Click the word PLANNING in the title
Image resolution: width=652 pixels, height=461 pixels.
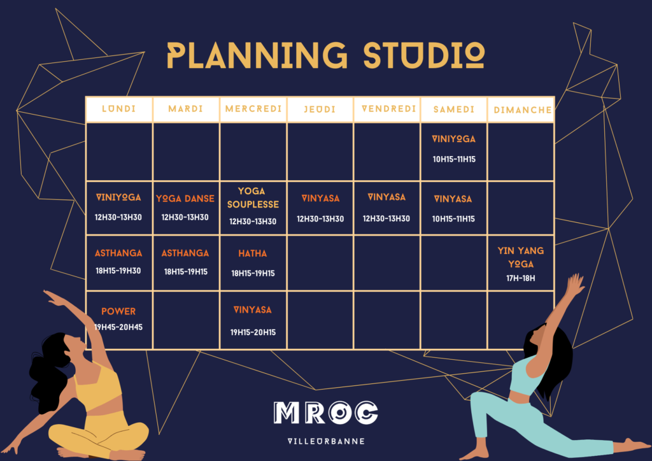click(257, 55)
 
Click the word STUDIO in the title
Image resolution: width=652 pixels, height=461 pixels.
click(424, 55)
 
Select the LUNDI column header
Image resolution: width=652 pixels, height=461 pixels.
click(119, 109)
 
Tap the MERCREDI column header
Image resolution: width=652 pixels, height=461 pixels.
click(253, 109)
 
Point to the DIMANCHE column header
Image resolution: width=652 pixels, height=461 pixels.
click(523, 110)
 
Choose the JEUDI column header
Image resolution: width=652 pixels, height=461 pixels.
click(320, 110)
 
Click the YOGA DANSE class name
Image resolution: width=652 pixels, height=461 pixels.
click(185, 199)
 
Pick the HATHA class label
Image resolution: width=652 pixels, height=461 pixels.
click(253, 253)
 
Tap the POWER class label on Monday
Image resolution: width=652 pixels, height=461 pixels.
click(118, 311)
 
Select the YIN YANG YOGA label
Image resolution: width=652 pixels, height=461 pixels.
click(521, 257)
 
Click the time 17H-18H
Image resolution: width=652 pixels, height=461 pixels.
click(521, 278)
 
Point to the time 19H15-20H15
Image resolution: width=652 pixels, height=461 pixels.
click(253, 332)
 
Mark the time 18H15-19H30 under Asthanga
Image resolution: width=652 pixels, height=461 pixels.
click(118, 271)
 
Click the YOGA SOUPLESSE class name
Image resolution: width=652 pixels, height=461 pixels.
click(253, 198)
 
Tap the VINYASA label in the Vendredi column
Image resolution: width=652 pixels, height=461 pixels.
click(386, 197)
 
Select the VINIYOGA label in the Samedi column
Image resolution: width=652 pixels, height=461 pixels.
click(453, 139)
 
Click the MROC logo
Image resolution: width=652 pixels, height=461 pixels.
click(325, 413)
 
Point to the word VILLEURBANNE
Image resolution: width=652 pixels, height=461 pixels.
click(326, 441)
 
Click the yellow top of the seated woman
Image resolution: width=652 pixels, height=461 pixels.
click(97, 387)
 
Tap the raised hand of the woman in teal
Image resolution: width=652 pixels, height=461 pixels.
click(576, 284)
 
